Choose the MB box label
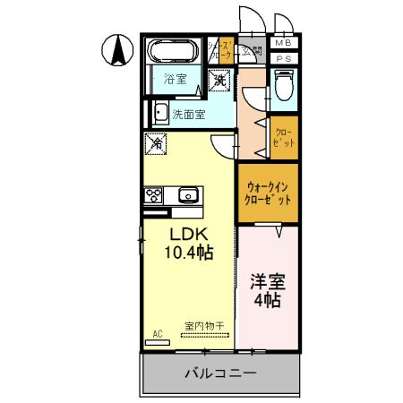[283, 43]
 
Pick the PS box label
[283, 59]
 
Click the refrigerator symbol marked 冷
[156, 142]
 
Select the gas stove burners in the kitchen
[152, 194]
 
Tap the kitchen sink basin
[188, 195]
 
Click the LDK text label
[188, 234]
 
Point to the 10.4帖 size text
[187, 253]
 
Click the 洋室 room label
[266, 280]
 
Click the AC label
[157, 334]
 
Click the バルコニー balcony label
[221, 373]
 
